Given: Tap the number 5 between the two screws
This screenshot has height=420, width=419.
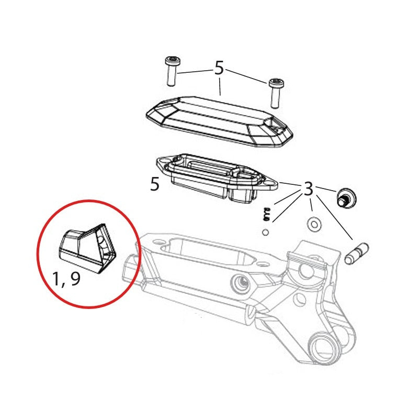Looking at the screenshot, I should click(219, 68).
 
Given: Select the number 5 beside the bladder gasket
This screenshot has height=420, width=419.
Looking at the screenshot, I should click(154, 184).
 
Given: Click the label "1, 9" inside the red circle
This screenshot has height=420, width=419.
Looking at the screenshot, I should click(67, 279).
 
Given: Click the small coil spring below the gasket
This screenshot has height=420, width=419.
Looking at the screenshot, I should click(266, 214).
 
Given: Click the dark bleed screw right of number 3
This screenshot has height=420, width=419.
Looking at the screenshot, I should click(345, 196).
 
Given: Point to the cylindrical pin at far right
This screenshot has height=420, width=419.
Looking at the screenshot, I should click(358, 251).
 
